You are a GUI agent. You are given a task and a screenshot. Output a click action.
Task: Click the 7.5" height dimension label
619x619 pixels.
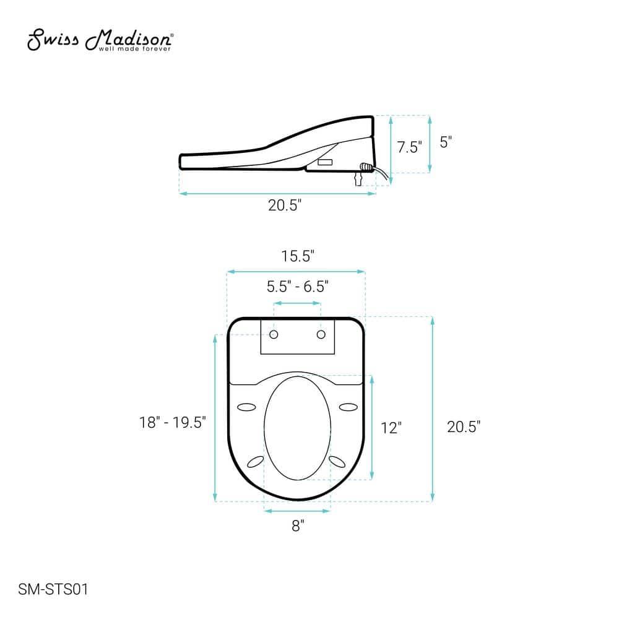[409, 147]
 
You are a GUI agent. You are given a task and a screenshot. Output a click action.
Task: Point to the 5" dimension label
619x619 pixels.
[446, 142]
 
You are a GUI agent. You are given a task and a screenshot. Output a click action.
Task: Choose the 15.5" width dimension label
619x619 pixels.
[297, 256]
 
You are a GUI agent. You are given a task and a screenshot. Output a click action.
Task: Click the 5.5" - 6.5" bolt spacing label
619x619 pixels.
[297, 287]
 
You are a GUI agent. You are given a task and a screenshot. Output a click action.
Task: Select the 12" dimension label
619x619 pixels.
[391, 428]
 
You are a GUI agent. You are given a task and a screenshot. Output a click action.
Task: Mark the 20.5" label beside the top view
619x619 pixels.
[464, 426]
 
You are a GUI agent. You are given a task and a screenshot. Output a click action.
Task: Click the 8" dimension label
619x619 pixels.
[298, 526]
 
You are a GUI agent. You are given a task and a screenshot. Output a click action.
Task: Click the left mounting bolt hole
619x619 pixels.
[274, 335]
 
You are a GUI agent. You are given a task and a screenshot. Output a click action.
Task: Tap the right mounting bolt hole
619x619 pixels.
[321, 335]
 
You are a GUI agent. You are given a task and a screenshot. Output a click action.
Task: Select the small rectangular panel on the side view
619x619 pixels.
[326, 163]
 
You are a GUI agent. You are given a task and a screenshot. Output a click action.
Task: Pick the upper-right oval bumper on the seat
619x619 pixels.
[348, 407]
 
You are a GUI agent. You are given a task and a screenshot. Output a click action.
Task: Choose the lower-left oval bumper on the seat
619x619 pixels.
[255, 461]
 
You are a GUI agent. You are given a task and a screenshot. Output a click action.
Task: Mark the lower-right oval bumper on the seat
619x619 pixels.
[338, 461]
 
